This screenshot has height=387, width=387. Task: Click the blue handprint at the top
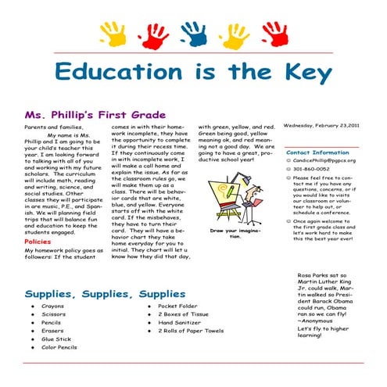(x=193, y=33)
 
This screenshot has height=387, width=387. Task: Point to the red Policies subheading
(x=38, y=242)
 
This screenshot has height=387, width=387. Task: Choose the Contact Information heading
(x=317, y=152)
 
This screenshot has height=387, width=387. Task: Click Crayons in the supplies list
(x=52, y=306)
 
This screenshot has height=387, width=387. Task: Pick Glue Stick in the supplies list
(x=56, y=339)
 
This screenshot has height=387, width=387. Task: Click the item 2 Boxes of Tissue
(x=181, y=314)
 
